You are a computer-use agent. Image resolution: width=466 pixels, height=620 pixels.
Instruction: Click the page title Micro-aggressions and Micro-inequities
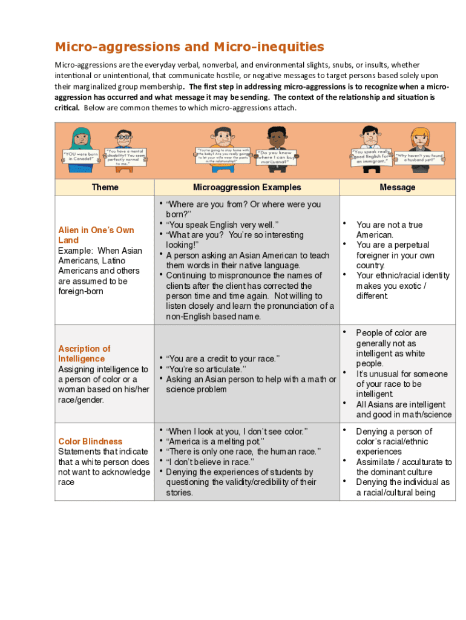pos(189,47)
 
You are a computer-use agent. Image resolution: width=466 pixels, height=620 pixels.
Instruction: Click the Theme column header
pos(105,187)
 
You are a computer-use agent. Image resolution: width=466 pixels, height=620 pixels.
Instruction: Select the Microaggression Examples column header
pos(247,187)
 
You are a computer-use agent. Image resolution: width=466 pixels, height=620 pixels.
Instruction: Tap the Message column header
pos(397,187)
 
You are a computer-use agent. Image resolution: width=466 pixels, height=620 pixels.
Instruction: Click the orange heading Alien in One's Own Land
pos(96,235)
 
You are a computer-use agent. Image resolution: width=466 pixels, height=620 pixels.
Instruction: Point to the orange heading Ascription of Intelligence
pos(84,354)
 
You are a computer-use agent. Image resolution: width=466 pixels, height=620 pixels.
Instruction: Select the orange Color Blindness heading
pos(90,441)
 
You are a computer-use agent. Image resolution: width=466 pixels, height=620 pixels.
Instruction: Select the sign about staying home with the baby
pos(223,156)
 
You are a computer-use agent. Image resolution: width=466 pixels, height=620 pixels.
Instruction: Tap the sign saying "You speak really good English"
pos(371,156)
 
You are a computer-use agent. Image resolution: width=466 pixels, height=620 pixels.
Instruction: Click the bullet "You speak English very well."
pos(222,225)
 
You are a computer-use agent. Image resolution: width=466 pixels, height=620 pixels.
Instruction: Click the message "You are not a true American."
pos(389,230)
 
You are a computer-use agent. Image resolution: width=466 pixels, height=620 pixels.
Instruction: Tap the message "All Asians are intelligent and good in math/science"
pos(404,409)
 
